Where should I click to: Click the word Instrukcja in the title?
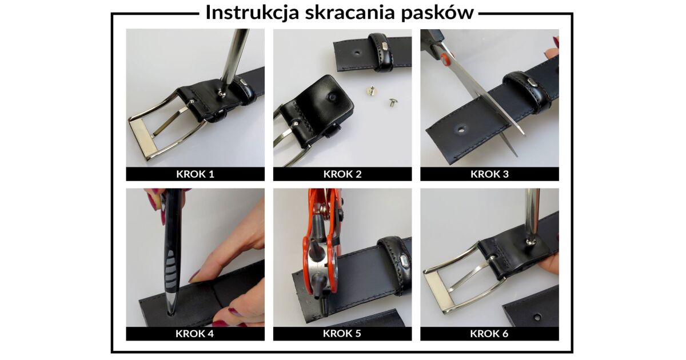tap(252, 13)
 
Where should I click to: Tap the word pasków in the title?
tap(437, 13)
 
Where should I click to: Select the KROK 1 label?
tap(195, 174)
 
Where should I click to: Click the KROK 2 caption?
tap(342, 174)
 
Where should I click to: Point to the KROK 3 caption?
tap(489, 174)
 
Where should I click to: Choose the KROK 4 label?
tap(194, 333)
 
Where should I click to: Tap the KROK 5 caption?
tap(342, 333)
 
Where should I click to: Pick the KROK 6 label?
tap(489, 333)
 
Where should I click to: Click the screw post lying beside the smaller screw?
tap(372, 91)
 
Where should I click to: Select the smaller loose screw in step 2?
tap(392, 102)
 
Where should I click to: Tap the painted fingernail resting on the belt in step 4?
tap(195, 277)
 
